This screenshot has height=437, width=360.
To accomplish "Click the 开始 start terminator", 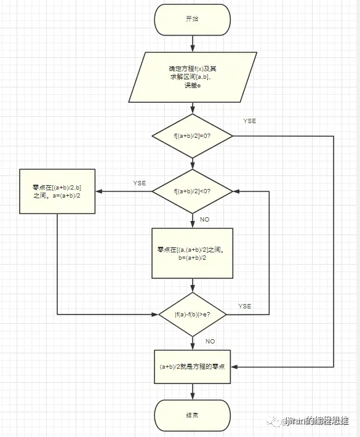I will (193, 19).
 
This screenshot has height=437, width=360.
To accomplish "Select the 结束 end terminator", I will (193, 415).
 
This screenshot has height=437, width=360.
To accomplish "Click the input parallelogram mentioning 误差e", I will (193, 76).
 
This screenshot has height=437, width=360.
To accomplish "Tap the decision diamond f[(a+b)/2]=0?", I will (193, 135).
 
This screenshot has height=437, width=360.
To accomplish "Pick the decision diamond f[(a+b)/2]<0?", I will (193, 191).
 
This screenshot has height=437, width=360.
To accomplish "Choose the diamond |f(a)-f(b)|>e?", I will (193, 314).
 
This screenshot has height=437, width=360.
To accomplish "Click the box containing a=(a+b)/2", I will (57, 191).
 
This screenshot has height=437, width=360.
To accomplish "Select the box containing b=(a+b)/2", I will (193, 254).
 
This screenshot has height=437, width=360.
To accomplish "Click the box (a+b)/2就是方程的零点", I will (193, 367).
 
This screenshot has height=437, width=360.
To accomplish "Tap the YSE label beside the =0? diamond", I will (249, 121).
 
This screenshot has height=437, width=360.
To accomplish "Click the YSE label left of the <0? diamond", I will (139, 183).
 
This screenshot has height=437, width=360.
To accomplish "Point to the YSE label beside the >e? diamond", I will (244, 306).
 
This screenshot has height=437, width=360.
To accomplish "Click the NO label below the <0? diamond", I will (205, 219).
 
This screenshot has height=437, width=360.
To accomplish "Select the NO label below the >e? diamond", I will (210, 340).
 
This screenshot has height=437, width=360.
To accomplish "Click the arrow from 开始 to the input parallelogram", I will (193, 43).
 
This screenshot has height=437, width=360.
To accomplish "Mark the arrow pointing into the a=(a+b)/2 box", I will (100, 191).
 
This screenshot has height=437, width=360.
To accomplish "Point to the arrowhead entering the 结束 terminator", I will (193, 396).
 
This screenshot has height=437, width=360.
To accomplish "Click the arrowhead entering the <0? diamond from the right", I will (237, 191).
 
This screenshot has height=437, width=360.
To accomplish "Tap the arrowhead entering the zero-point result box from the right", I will (236, 367).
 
